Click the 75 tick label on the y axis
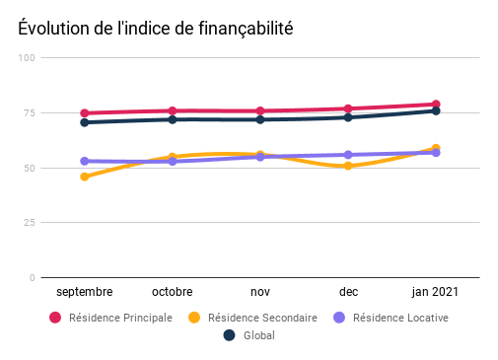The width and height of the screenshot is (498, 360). (30, 113)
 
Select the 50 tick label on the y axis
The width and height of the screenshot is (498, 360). (30, 169)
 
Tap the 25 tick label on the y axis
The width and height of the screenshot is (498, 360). (30, 223)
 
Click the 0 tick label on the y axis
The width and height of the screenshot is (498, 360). (33, 278)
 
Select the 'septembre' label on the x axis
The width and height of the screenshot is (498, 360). (85, 292)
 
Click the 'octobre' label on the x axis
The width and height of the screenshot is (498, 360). (173, 292)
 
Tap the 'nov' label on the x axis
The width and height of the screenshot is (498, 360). (260, 292)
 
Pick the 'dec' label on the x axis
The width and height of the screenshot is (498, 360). (348, 292)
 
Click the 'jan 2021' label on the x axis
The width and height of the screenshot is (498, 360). (435, 292)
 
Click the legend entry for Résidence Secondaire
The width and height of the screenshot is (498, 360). (254, 318)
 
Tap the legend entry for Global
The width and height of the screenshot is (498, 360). (249, 335)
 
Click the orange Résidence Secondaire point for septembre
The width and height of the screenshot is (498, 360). (85, 177)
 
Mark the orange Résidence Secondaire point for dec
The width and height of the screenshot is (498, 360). (348, 166)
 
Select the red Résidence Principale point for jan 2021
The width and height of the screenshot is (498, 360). (435, 105)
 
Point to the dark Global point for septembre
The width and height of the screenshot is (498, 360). (85, 122)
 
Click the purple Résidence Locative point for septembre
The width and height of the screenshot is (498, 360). (85, 161)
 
